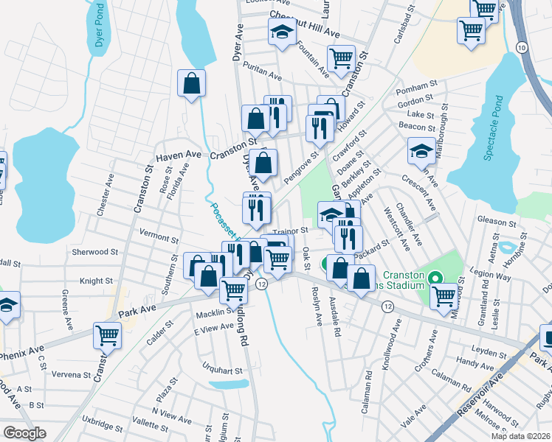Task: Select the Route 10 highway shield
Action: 522,47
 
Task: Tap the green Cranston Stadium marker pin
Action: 435,278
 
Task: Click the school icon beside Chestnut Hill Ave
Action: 280,33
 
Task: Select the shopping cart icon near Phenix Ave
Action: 108,335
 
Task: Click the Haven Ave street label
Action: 178,155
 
